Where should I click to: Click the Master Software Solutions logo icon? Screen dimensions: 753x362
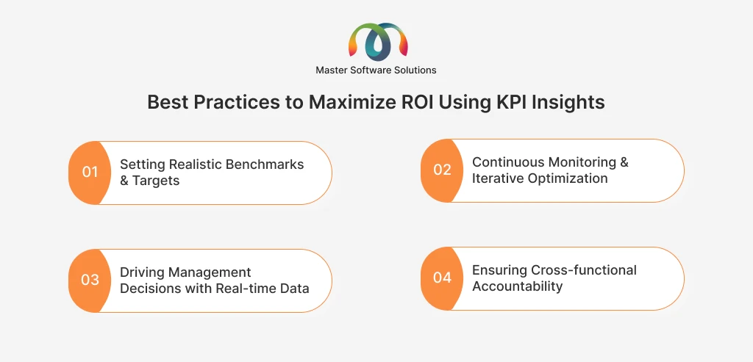coord(378,41)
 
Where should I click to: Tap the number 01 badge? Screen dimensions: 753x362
coord(90,172)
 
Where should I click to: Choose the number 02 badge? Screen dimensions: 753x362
coord(442,170)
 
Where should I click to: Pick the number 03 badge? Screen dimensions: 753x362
coord(90,280)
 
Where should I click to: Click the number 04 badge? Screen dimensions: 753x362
coord(442,278)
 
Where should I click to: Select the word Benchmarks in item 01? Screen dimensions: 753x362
coord(265,164)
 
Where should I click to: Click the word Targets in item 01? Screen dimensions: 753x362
coord(156,181)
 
